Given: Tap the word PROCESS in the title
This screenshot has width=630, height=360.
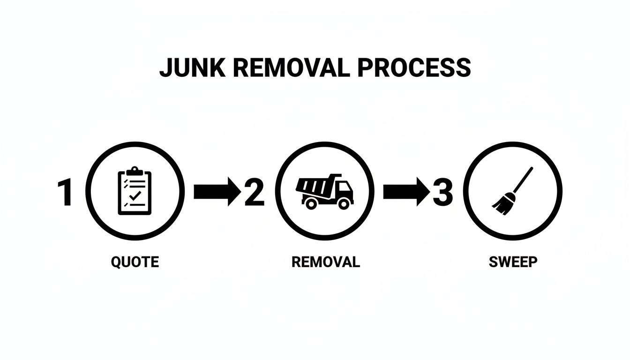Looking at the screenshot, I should [414, 68].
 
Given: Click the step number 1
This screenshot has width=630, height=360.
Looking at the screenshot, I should [65, 192].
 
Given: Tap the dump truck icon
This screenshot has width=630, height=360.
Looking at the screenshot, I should [324, 191].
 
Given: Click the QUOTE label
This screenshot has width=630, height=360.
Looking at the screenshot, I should [135, 262].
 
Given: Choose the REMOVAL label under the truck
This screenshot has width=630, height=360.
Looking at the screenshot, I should [325, 262].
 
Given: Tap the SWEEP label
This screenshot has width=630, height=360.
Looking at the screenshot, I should [513, 262].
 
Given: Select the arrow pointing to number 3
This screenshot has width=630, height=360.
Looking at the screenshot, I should [406, 192].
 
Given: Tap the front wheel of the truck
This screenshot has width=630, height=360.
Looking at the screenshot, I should [344, 203].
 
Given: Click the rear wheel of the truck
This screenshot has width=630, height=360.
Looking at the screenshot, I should [310, 203].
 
